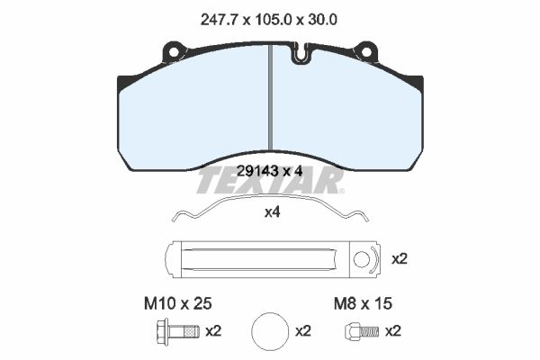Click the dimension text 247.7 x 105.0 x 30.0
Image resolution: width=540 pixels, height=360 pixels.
click(268, 20)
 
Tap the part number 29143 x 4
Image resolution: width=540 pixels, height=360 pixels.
click(270, 171)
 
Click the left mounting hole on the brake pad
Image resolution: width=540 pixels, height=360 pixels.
click(174, 52)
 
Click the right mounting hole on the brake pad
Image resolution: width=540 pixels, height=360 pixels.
click(366, 52)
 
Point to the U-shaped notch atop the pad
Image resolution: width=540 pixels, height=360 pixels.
click(301, 53)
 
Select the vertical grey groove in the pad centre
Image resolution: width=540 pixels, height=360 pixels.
click(271, 98)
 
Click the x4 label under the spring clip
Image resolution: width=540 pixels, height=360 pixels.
click(272, 212)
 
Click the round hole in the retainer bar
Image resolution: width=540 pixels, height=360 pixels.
click(362, 259)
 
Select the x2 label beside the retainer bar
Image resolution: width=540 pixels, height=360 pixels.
click(400, 258)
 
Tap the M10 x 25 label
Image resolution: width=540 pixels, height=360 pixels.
click(177, 304)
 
